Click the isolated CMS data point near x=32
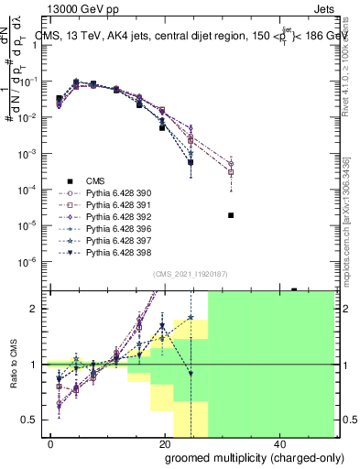click(231, 215)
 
